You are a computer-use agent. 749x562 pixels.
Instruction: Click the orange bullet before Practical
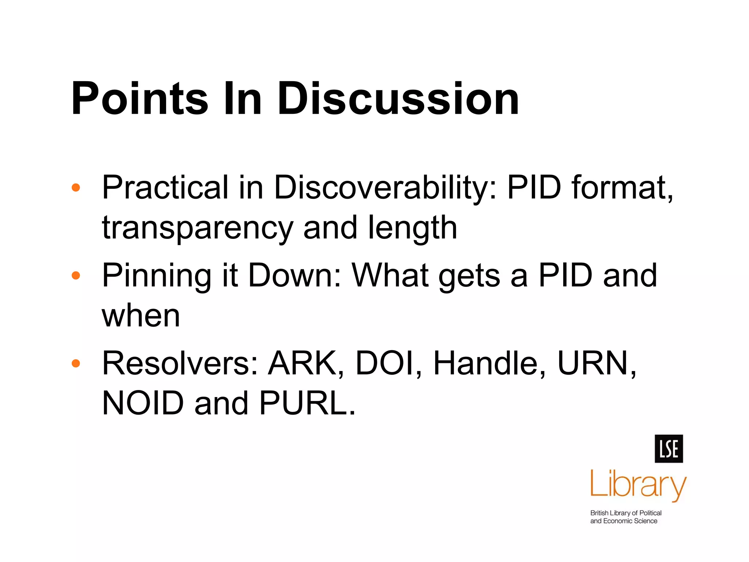coord(76,188)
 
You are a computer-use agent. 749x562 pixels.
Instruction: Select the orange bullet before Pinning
coord(76,276)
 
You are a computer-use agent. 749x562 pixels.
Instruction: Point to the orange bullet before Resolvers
coord(76,363)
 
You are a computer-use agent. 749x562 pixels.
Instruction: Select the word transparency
coord(197,228)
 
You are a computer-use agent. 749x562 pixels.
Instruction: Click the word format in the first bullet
coord(622,188)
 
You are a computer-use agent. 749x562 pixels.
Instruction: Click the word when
coord(141,316)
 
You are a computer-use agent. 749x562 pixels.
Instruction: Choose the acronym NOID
coord(143,404)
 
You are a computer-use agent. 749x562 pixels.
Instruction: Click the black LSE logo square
coord(669,449)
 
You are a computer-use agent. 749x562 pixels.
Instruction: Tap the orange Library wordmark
coord(638,485)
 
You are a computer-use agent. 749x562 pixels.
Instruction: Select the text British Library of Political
coord(626,513)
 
